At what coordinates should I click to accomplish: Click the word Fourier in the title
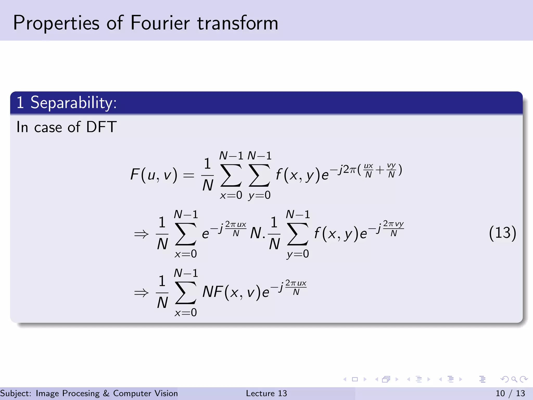point(160,23)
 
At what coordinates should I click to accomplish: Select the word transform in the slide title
point(238,23)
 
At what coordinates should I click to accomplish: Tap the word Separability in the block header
point(73,103)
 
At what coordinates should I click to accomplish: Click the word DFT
point(101,127)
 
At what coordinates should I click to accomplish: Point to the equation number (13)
point(502,233)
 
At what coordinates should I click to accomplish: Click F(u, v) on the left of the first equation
point(154,174)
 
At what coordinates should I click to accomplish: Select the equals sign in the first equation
point(189,175)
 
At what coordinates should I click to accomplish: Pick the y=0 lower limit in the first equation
point(259,195)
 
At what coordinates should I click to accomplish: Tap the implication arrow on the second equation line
point(141,234)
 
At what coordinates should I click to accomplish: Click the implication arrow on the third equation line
point(141,293)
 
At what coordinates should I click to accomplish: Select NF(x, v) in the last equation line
point(231,292)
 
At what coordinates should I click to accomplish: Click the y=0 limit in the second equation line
point(298,254)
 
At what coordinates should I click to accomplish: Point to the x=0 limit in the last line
point(186,312)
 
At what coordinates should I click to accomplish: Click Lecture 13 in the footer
point(266,393)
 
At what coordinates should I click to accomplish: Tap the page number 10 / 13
point(510,393)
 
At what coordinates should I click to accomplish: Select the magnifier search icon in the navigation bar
point(514,379)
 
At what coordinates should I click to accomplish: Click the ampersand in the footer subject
point(106,393)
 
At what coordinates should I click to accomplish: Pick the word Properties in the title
point(56,23)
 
